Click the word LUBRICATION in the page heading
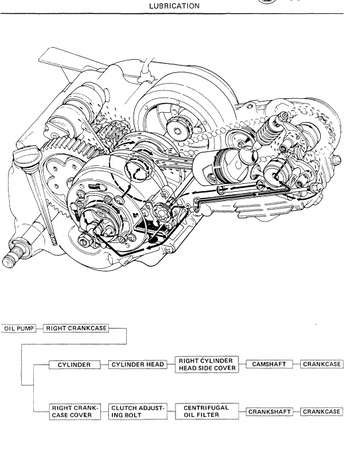[174, 6]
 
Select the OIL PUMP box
[19, 329]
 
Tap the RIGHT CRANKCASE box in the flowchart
[76, 328]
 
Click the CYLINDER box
[74, 365]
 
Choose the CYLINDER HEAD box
[138, 365]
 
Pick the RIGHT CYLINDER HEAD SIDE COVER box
[207, 365]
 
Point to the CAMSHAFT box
[269, 364]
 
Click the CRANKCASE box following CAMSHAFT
[322, 364]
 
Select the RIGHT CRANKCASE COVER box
[75, 412]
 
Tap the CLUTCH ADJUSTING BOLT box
[138, 412]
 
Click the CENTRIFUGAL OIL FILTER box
[207, 411]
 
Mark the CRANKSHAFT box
[270, 412]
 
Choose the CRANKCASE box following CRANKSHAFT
[322, 412]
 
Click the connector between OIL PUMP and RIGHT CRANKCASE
[40, 329]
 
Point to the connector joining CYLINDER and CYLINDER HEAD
[104, 365]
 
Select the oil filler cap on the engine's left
[26, 156]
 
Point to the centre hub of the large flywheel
[178, 128]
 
